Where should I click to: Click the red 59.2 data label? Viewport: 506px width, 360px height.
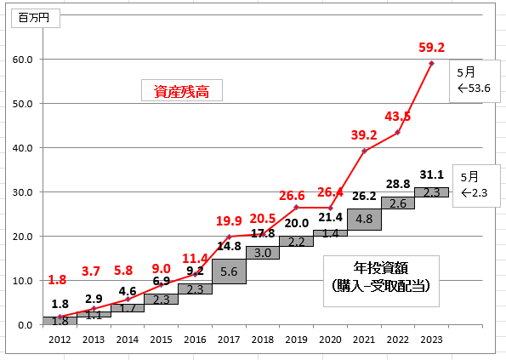(x=431, y=47)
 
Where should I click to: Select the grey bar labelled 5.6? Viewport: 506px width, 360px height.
(x=229, y=271)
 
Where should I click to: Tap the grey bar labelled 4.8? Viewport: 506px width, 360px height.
(x=364, y=220)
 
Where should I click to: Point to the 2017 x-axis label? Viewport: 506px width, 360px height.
(x=229, y=340)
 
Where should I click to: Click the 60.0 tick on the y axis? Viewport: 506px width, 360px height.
(x=23, y=60)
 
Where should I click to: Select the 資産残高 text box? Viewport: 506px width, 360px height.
(x=182, y=90)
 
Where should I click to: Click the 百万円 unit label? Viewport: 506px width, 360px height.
(x=35, y=18)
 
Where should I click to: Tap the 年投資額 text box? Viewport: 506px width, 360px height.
(x=381, y=281)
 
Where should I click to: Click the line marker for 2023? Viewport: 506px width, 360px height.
(x=431, y=63)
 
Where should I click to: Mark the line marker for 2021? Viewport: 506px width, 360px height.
(x=364, y=151)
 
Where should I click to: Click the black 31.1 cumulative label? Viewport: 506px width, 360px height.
(x=432, y=174)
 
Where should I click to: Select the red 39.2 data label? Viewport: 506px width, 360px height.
(x=364, y=135)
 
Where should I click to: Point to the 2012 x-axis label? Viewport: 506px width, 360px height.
(x=60, y=340)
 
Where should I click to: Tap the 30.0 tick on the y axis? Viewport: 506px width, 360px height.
(x=23, y=192)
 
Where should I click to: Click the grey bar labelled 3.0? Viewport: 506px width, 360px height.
(x=263, y=253)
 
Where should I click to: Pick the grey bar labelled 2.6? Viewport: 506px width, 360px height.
(x=398, y=203)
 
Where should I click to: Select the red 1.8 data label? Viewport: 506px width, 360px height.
(x=57, y=280)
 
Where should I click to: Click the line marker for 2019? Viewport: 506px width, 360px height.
(x=297, y=208)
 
